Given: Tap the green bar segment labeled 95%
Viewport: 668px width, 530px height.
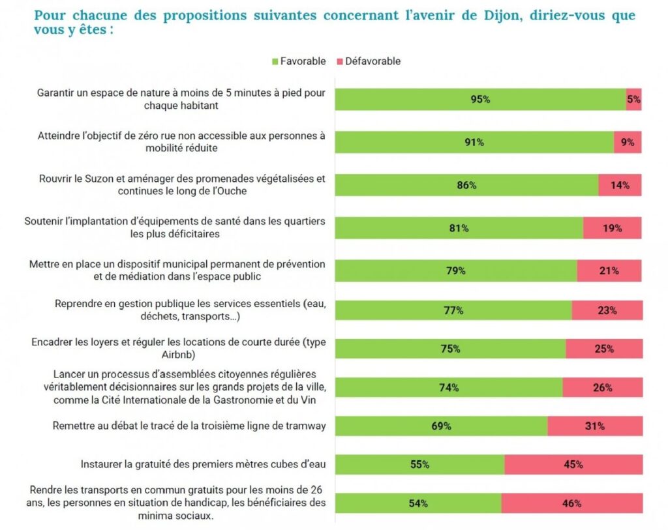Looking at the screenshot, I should (x=480, y=100).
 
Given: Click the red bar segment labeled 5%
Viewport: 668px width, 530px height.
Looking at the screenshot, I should (x=634, y=100).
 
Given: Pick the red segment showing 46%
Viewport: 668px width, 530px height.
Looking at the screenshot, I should (x=572, y=503).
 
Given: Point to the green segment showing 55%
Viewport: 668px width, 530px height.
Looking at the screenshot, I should (x=419, y=465).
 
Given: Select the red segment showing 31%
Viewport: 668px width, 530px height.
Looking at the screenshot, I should (x=595, y=426).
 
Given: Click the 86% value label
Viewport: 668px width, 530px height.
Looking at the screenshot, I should (x=467, y=185).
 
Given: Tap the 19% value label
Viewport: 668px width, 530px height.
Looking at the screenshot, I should (x=613, y=228).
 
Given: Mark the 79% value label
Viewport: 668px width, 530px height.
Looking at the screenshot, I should (x=456, y=271).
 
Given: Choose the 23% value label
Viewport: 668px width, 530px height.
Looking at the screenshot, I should (x=607, y=310).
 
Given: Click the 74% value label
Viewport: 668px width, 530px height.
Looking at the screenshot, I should (x=449, y=387).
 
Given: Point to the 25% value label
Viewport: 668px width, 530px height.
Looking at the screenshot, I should (x=604, y=349).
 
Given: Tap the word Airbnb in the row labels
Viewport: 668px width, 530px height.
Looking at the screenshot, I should (x=178, y=354).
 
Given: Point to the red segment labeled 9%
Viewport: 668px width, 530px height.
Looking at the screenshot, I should (x=628, y=142).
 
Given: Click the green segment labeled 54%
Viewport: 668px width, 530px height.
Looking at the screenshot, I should (x=418, y=503).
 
